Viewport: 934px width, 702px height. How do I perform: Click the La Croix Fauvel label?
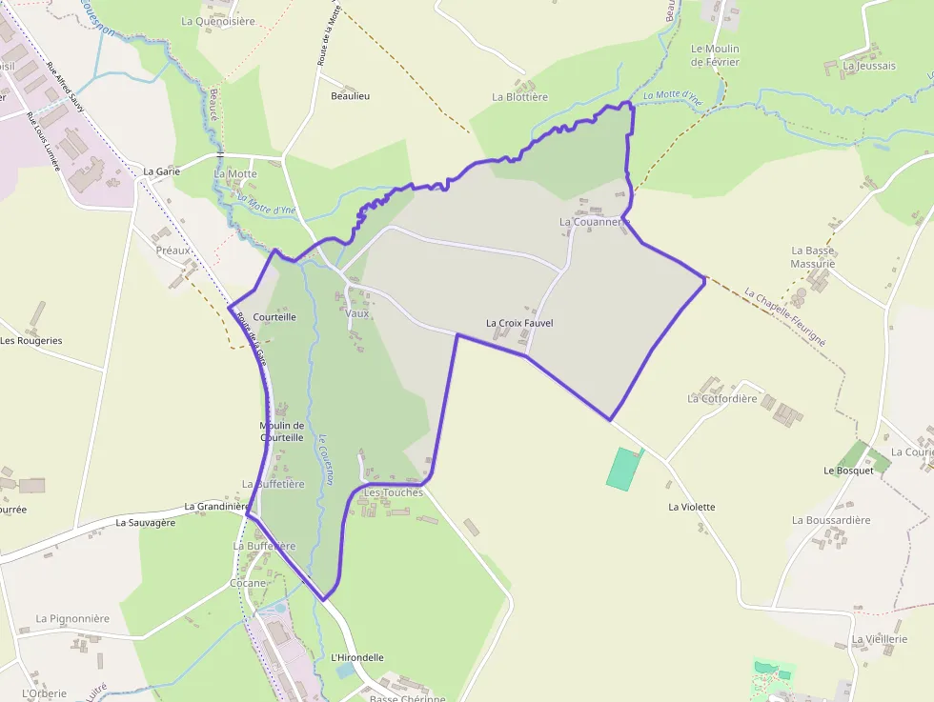click(519, 323)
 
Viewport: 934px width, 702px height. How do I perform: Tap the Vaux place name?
click(357, 313)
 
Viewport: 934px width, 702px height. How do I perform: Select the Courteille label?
click(275, 316)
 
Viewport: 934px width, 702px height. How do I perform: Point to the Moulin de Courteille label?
click(282, 431)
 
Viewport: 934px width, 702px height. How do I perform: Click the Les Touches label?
click(394, 492)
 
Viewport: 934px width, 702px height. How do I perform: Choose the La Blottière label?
click(519, 97)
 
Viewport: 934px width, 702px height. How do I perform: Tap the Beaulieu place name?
click(350, 96)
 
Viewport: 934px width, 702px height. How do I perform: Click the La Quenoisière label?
click(218, 21)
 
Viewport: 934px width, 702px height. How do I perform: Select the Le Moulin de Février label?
click(716, 55)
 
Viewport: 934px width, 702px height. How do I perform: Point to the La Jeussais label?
click(869, 66)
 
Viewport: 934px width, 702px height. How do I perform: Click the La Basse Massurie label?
click(813, 256)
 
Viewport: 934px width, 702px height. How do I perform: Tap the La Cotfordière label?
click(722, 398)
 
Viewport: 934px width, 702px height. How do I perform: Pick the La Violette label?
click(692, 507)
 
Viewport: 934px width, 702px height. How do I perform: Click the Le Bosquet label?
click(848, 471)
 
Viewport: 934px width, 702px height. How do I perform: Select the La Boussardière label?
click(831, 520)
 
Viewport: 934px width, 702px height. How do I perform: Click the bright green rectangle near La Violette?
click(623, 469)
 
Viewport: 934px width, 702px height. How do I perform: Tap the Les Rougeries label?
click(31, 341)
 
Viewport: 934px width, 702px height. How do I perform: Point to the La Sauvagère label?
click(146, 523)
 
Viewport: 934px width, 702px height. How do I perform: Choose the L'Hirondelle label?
click(357, 657)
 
